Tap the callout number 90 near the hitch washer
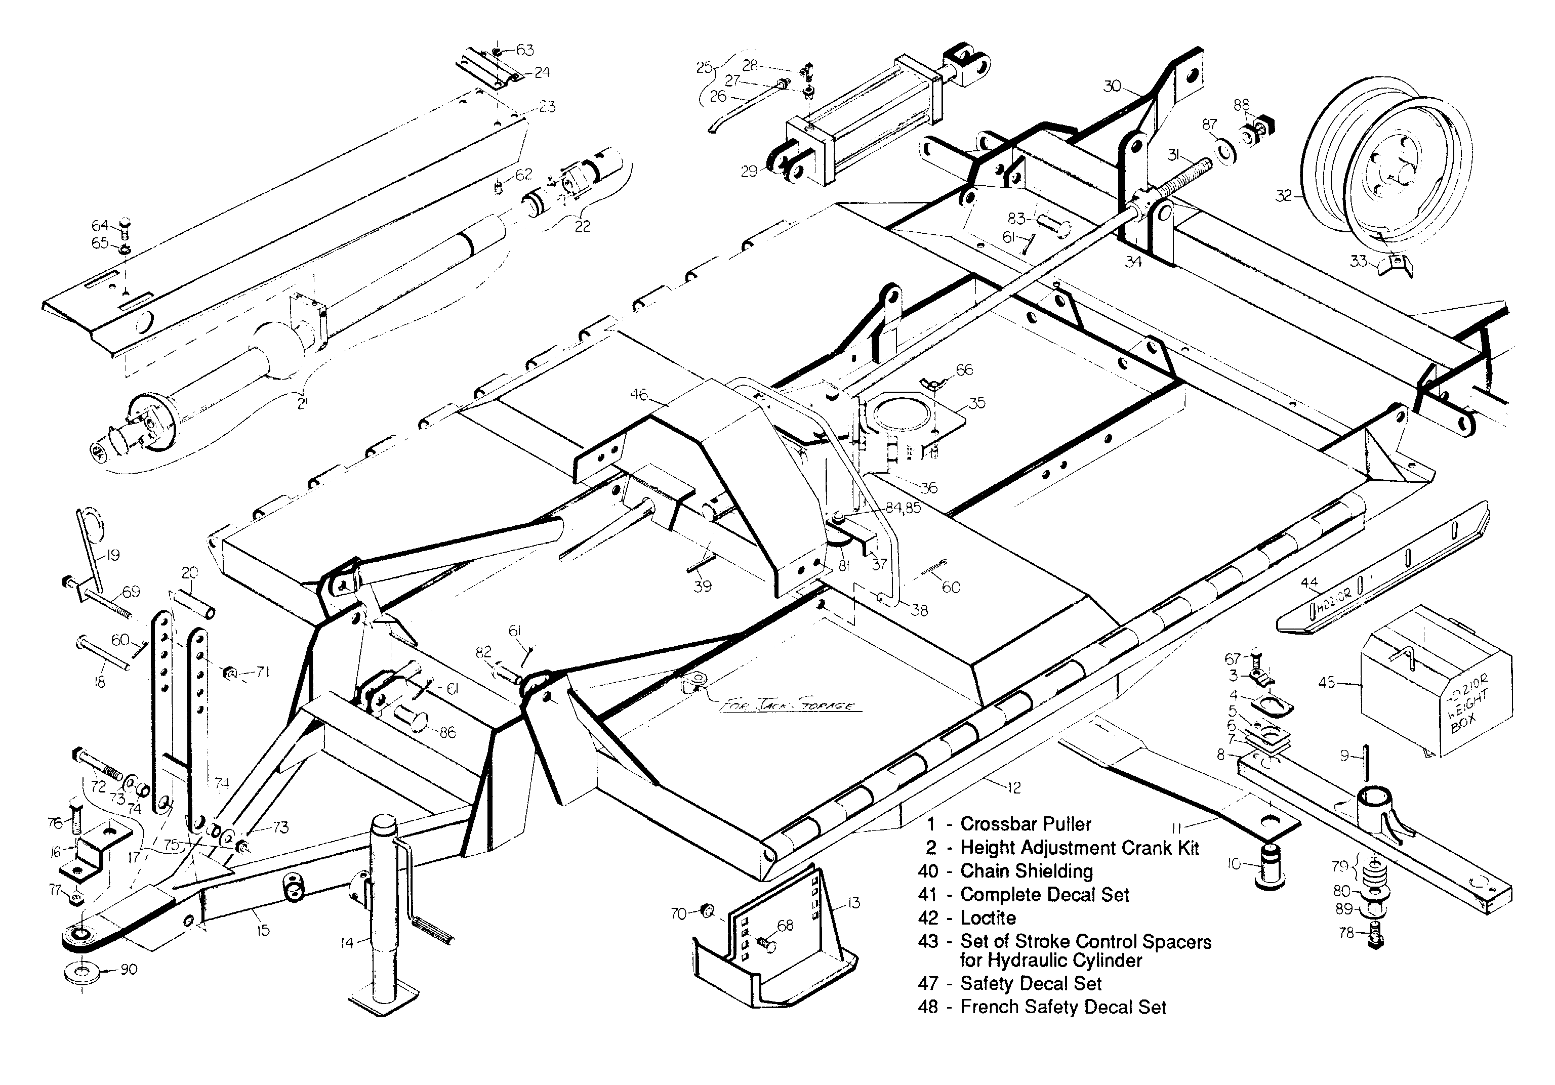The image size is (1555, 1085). coord(129,969)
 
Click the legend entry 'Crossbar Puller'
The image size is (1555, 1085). coord(1026,824)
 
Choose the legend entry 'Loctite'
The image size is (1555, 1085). coord(988,919)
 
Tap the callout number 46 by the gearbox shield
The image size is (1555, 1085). coord(639,394)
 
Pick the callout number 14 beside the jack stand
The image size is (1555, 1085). coord(347,942)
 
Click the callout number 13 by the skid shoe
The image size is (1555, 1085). coord(853,903)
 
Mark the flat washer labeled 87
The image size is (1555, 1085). coord(1226,150)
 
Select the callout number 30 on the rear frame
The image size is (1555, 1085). coord(1113,86)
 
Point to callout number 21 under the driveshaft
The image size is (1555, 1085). coord(302,404)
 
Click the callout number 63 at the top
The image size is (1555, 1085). coord(525,50)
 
